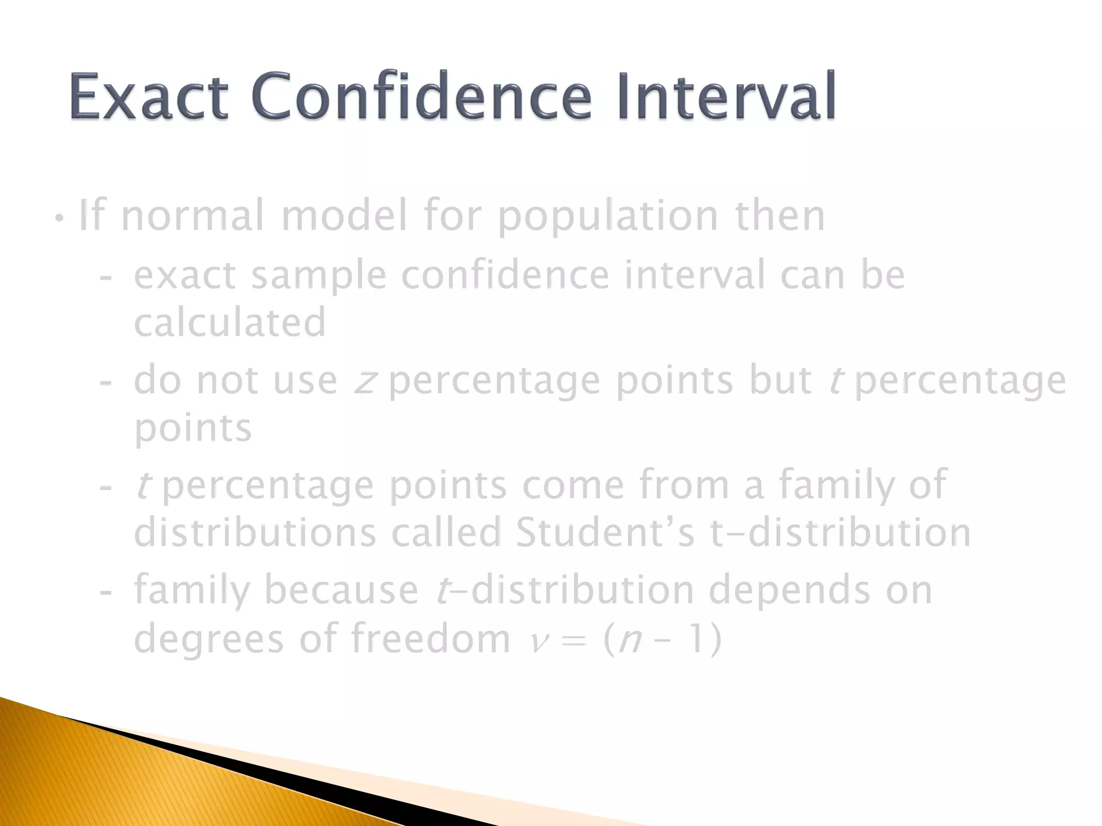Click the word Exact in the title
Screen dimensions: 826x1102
click(149, 97)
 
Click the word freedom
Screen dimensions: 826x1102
click(430, 638)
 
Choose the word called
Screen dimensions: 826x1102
click(446, 532)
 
